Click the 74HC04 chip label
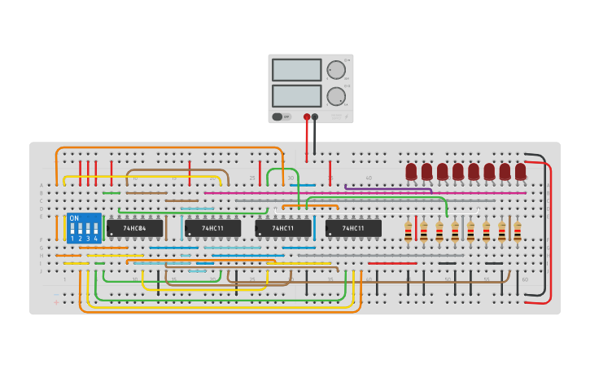coord(135,229)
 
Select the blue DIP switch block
coord(84,228)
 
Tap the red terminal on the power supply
coord(307,116)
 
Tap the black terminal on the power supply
coord(315,116)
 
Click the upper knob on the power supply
coord(335,71)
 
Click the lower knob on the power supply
coord(335,97)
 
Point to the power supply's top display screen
coord(296,70)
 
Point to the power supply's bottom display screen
coord(296,96)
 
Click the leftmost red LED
coord(411,171)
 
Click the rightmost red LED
coord(520,171)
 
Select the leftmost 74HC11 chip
coord(212,229)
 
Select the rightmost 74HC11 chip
coord(353,229)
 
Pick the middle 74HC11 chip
coord(283,229)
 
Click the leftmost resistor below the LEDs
coord(408,232)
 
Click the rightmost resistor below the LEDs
coord(517,232)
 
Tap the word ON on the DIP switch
coord(74,218)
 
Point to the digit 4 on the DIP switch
coord(95,239)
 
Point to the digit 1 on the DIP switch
coord(72,239)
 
